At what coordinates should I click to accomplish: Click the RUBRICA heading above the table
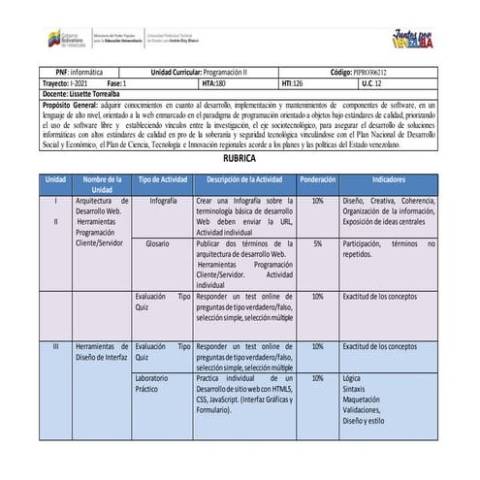240,156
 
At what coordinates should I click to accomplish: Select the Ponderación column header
317,179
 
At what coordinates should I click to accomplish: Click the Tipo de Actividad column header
163,179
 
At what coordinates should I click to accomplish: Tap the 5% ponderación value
317,244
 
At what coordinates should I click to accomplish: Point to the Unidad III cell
55,346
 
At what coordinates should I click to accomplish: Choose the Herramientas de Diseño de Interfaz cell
101,351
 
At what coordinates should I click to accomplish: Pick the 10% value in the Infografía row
317,202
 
